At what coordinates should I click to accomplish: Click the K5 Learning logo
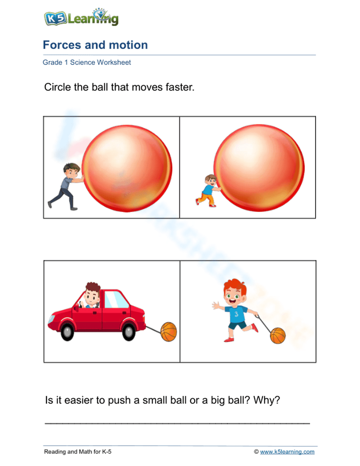81,17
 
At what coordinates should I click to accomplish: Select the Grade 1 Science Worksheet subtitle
87,62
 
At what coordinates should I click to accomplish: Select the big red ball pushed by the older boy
127,168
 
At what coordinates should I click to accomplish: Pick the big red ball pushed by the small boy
259,168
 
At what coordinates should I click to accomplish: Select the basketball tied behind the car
168,332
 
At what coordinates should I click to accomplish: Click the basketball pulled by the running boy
278,336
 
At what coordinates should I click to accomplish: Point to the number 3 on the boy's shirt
236,314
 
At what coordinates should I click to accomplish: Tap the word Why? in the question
266,400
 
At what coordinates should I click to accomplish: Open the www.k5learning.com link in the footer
287,452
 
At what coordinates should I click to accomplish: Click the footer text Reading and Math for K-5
78,452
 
